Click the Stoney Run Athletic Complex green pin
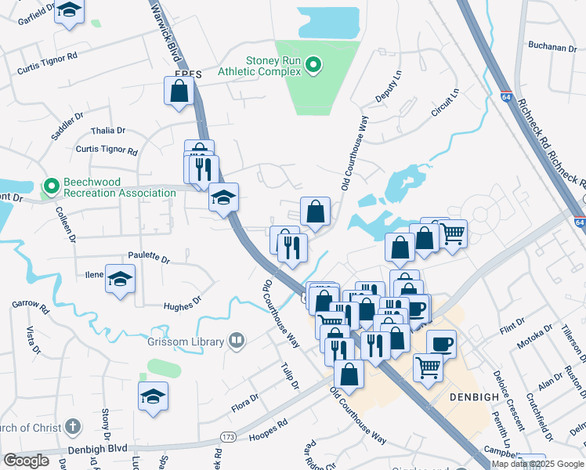(x=313, y=64)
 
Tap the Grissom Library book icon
(x=236, y=341)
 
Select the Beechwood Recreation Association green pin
(x=52, y=186)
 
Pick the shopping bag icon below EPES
(x=179, y=90)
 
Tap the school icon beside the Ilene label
(x=120, y=279)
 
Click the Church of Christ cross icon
(x=72, y=428)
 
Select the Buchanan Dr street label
(x=552, y=47)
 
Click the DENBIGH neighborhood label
(x=474, y=397)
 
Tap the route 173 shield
(x=228, y=436)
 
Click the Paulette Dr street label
(x=149, y=257)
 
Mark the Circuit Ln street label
(x=444, y=103)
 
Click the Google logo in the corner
(x=26, y=461)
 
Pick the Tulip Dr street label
(x=289, y=375)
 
